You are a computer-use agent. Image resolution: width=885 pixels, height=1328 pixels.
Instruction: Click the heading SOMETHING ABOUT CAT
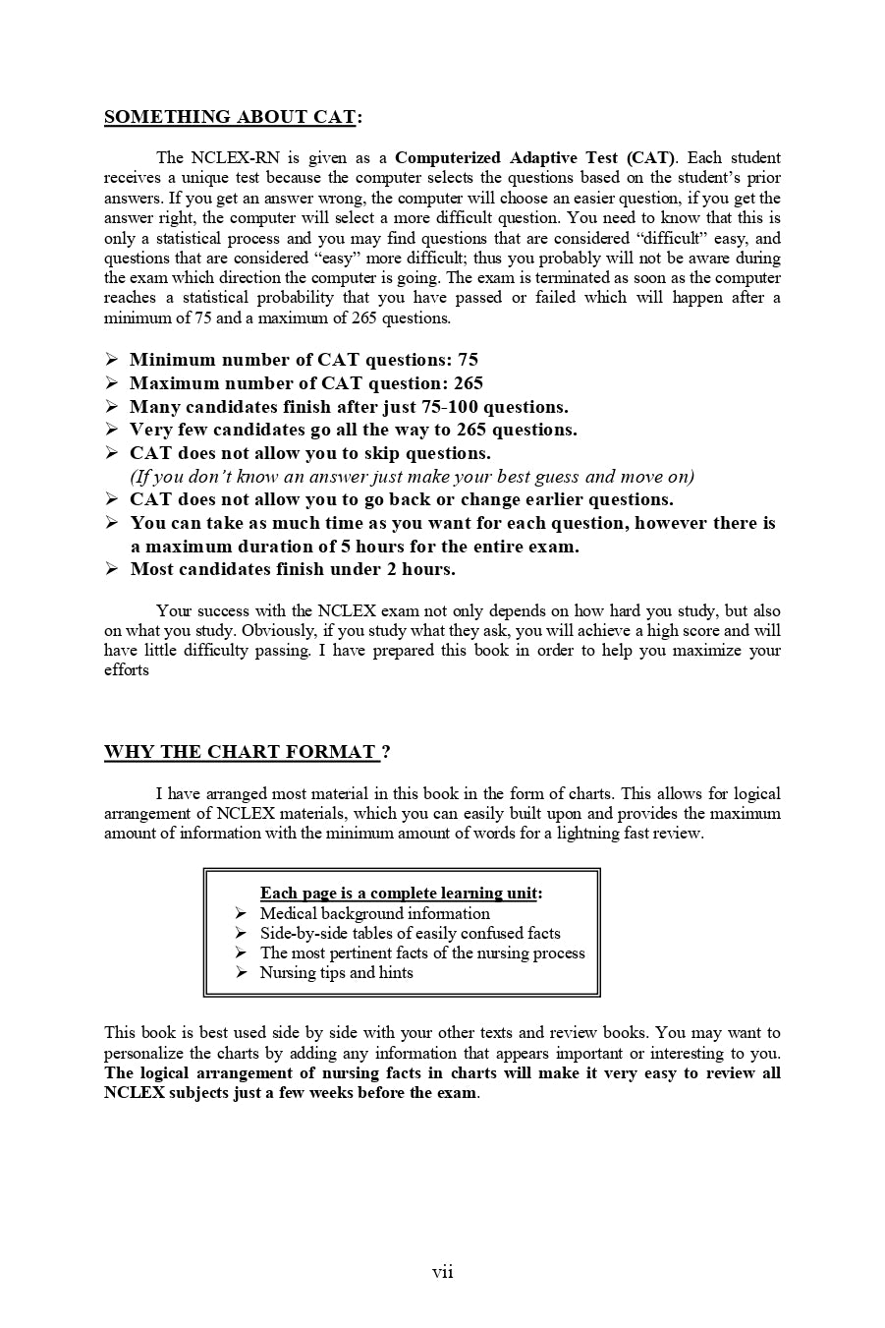(x=231, y=117)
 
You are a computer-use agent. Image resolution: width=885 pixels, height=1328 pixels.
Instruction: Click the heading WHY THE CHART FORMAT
(x=242, y=752)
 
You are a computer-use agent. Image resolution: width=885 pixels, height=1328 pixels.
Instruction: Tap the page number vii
(x=443, y=1272)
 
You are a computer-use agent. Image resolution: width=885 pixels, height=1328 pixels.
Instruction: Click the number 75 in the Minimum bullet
(x=468, y=360)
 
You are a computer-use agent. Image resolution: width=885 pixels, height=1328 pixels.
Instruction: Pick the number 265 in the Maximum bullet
(x=469, y=383)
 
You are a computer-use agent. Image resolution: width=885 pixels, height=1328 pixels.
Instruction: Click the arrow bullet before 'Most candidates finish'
(x=112, y=569)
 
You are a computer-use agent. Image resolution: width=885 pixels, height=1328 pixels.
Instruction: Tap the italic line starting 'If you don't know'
(x=412, y=477)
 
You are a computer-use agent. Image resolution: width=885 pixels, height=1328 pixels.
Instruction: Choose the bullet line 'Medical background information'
(x=374, y=913)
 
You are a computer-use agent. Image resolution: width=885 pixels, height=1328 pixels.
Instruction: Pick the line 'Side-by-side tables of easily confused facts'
(x=410, y=933)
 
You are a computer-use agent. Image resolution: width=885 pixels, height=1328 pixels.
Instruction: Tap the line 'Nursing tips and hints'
(x=336, y=972)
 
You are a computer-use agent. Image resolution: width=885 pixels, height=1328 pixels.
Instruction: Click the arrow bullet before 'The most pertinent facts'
(x=241, y=953)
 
